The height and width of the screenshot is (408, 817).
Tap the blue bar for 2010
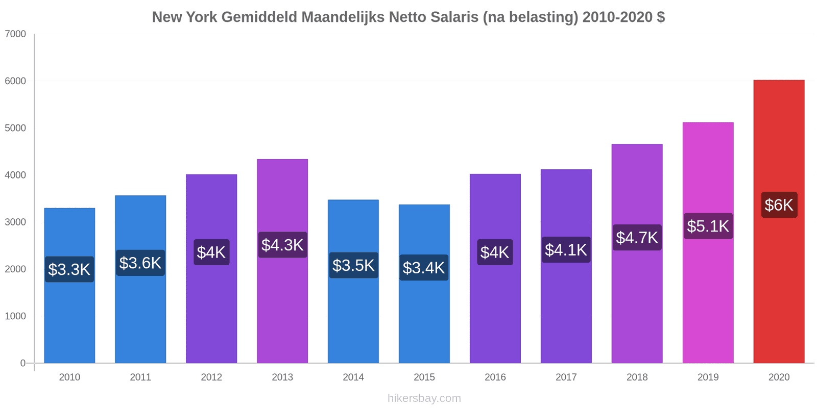coord(69,316)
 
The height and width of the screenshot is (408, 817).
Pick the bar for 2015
coord(424,316)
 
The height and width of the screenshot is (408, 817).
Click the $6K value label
coord(779,205)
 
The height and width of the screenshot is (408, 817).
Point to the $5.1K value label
coord(708,226)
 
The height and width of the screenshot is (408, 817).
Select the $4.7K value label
coord(637,237)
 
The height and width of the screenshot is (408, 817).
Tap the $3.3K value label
coord(69,269)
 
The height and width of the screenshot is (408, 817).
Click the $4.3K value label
coord(282,245)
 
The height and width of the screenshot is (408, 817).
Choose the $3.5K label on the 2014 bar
coord(353,265)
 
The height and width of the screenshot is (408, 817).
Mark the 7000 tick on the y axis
coord(15,34)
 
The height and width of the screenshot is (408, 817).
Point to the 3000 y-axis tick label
coord(15,222)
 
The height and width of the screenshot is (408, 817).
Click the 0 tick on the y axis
coord(22,363)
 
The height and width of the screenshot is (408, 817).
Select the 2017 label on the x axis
coord(566,377)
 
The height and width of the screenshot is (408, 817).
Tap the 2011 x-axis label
coord(140,377)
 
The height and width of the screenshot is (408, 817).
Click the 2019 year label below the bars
coord(708,377)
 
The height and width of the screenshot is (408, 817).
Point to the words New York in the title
coord(184,17)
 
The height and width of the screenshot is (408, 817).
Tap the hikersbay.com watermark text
coord(424,398)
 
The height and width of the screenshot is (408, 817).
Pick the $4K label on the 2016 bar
coord(495,252)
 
